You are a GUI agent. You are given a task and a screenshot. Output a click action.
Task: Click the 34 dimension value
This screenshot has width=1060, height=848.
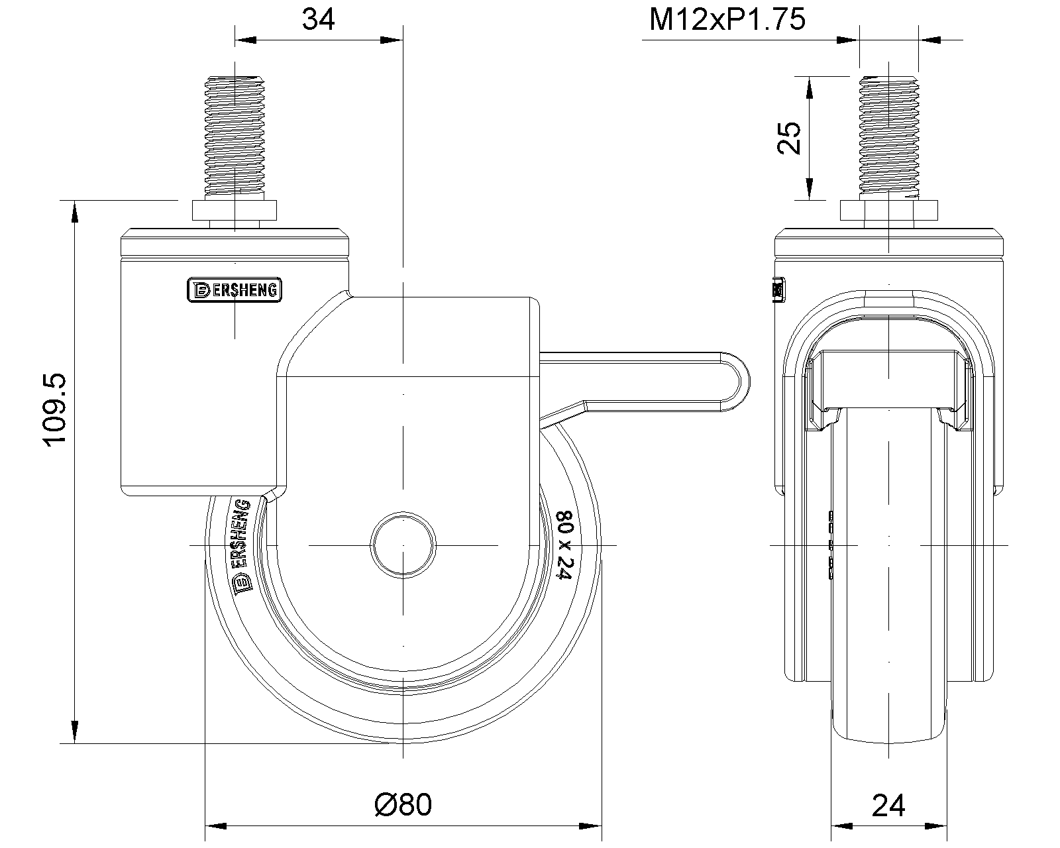click(318, 20)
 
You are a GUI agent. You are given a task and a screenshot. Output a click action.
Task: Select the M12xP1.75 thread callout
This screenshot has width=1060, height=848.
click(727, 20)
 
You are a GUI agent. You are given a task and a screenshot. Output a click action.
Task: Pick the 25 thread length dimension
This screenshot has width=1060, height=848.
click(789, 138)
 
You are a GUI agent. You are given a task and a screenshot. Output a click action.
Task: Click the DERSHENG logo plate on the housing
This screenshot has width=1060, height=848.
click(235, 290)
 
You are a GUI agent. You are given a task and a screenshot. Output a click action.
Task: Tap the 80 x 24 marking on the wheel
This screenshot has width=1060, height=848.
click(564, 545)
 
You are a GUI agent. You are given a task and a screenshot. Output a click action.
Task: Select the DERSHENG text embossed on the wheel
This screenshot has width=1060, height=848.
click(242, 548)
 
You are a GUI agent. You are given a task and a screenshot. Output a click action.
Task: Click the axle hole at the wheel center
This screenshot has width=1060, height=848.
click(403, 545)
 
